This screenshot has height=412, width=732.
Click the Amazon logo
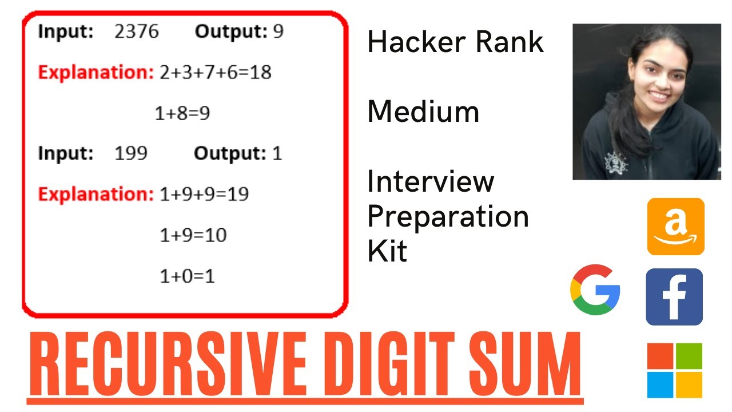[x=675, y=227]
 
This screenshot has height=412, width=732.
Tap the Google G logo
[x=595, y=290]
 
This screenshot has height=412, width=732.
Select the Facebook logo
[x=674, y=297]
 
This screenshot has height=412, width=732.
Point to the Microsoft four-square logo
[x=674, y=370]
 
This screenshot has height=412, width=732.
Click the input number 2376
[x=136, y=32]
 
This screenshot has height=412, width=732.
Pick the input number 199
[x=130, y=153]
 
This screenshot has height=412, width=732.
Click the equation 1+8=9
[x=182, y=114]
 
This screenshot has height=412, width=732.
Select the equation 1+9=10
[x=193, y=235]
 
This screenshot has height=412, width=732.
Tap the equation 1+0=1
[x=187, y=277]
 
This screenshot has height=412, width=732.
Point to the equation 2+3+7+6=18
[x=216, y=73]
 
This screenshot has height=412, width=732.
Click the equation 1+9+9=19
[x=204, y=195]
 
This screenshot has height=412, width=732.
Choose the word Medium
[x=423, y=112]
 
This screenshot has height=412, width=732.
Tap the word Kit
[x=387, y=252]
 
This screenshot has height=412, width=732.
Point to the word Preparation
[x=448, y=217]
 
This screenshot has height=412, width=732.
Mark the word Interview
[x=431, y=182]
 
